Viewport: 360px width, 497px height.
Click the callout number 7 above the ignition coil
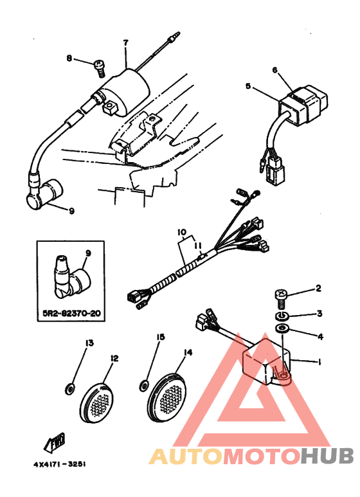coord(126,42)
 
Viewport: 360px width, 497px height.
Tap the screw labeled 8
coord(100,68)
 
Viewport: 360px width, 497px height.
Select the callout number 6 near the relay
coord(274,70)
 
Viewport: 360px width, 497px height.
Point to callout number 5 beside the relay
coord(248,86)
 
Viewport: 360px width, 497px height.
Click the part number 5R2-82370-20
coord(71,314)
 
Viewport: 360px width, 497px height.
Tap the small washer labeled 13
coord(69,388)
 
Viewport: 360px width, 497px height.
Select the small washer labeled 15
coord(144,386)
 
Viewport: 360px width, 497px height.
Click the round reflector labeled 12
coord(96,402)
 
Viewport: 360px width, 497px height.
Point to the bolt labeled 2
coord(280,299)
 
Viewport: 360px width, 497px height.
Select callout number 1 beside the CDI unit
coord(319,361)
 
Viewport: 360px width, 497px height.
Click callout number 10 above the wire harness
coord(182,232)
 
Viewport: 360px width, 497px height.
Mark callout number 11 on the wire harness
coord(198,246)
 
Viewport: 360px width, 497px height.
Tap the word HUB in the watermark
coord(327,456)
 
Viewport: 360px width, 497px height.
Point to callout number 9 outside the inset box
coord(71,211)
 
